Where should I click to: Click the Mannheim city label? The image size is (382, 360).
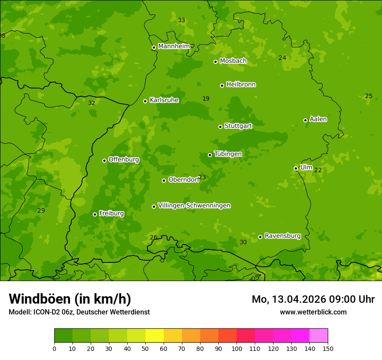(x=174, y=46)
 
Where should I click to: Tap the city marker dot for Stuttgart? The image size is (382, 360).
(x=220, y=127)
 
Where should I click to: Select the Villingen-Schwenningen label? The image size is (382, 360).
(x=194, y=206)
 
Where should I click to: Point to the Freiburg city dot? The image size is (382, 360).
(x=95, y=214)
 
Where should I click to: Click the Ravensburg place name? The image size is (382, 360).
(x=283, y=236)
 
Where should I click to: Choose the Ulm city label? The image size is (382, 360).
(x=306, y=167)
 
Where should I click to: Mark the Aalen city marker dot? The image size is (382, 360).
(x=305, y=120)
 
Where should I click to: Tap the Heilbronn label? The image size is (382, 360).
(x=241, y=85)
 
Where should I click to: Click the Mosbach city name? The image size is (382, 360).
(x=233, y=61)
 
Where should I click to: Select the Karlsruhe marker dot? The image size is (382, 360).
(x=145, y=101)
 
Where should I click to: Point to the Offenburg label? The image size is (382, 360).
(x=124, y=160)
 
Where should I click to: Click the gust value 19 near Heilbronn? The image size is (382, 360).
(x=206, y=99)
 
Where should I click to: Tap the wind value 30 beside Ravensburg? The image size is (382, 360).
(x=243, y=242)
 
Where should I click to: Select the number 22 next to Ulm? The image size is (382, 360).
(x=318, y=170)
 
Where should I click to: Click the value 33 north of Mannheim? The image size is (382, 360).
(x=181, y=20)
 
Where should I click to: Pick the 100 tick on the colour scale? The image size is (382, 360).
(x=237, y=348)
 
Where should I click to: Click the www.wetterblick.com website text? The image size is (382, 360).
(x=313, y=312)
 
